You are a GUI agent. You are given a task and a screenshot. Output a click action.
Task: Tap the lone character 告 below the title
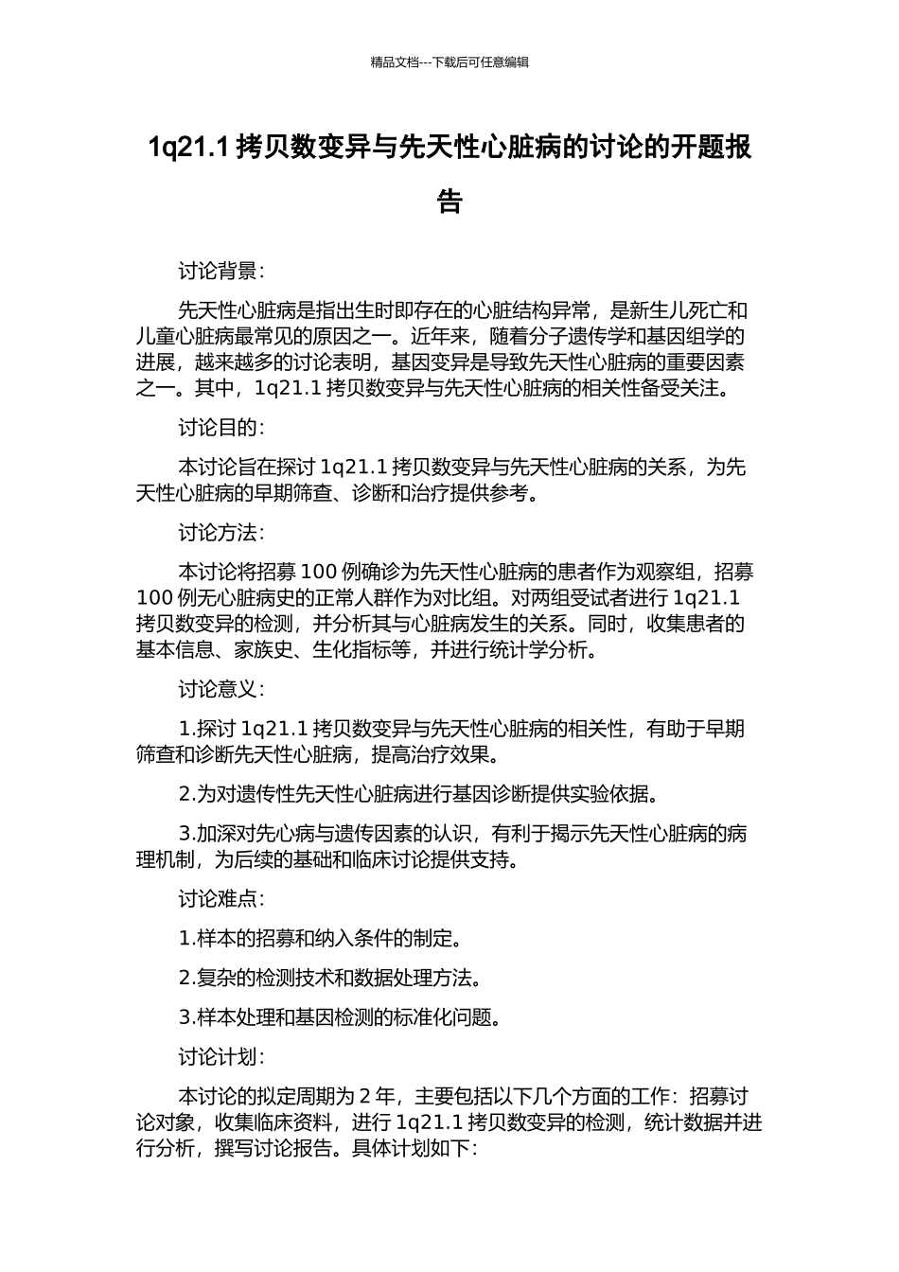tap(449, 203)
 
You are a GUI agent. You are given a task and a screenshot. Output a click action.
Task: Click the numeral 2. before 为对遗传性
tap(186, 794)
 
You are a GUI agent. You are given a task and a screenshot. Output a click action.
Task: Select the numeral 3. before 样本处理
tap(186, 1018)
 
